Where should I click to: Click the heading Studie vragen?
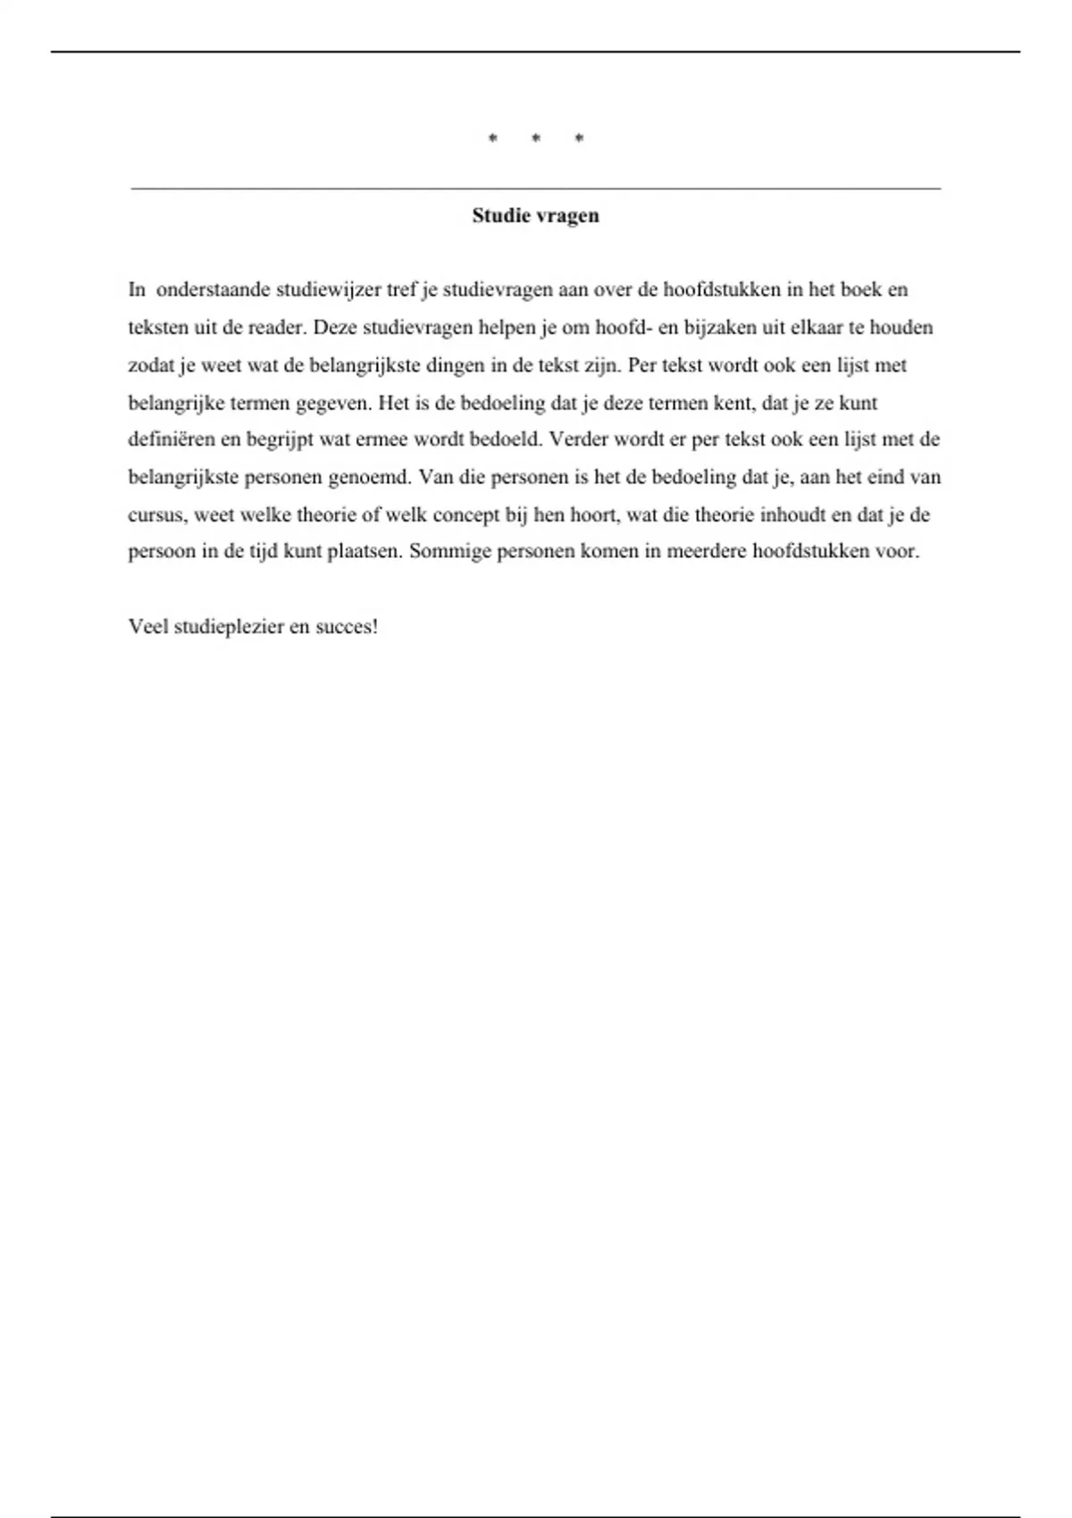(x=535, y=216)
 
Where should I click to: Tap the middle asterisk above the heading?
(x=535, y=138)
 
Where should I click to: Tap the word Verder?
(x=579, y=439)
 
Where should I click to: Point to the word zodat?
(x=152, y=365)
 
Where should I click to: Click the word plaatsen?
(x=364, y=551)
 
